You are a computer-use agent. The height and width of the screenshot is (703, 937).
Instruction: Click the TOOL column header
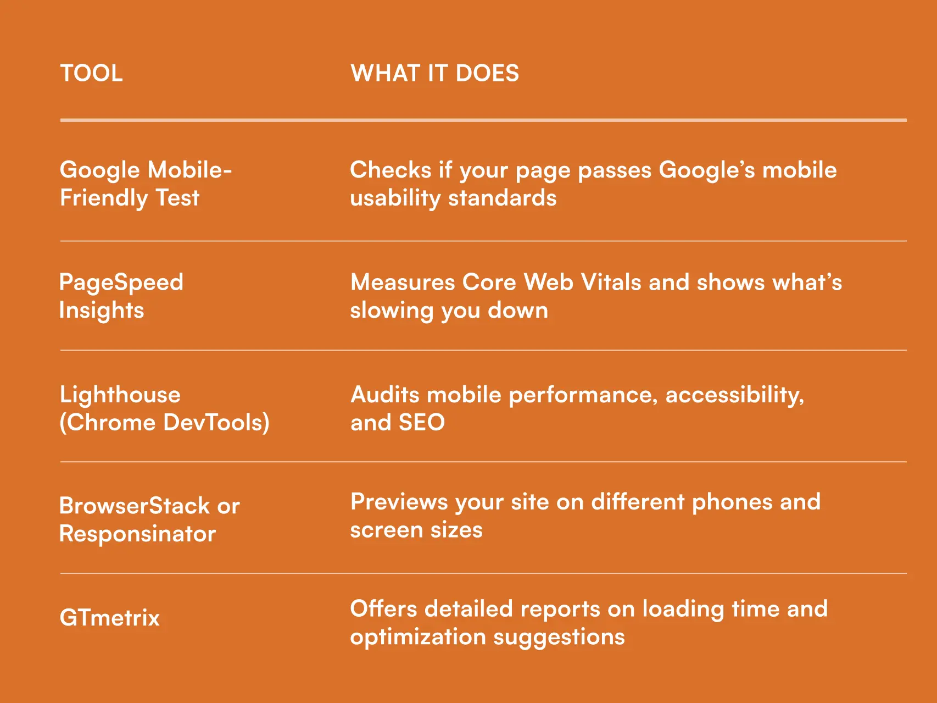click(x=91, y=73)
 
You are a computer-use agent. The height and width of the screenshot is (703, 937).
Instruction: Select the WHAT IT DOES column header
click(x=434, y=73)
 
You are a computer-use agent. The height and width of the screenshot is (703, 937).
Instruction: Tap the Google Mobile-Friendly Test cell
click(x=146, y=184)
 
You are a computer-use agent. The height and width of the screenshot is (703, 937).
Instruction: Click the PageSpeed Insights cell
click(x=121, y=296)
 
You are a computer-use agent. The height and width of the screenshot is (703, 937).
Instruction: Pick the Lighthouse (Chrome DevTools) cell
click(x=164, y=408)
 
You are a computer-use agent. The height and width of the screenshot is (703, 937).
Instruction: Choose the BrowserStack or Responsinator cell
click(x=149, y=519)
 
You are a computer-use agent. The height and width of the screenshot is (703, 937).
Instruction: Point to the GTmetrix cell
click(x=109, y=618)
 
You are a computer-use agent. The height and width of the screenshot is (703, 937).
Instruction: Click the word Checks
click(x=391, y=170)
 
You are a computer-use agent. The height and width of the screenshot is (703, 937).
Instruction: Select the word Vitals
click(x=611, y=283)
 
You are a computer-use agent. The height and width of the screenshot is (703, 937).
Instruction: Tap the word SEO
click(x=422, y=423)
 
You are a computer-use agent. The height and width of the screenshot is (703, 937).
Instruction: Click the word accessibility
click(x=734, y=395)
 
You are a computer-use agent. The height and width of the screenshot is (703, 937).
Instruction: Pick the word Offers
click(x=383, y=609)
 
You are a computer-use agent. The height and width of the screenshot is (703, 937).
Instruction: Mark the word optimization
click(x=418, y=638)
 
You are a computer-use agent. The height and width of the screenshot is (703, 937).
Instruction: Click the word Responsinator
click(x=137, y=534)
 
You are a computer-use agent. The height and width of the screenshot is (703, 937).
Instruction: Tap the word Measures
click(x=403, y=283)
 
